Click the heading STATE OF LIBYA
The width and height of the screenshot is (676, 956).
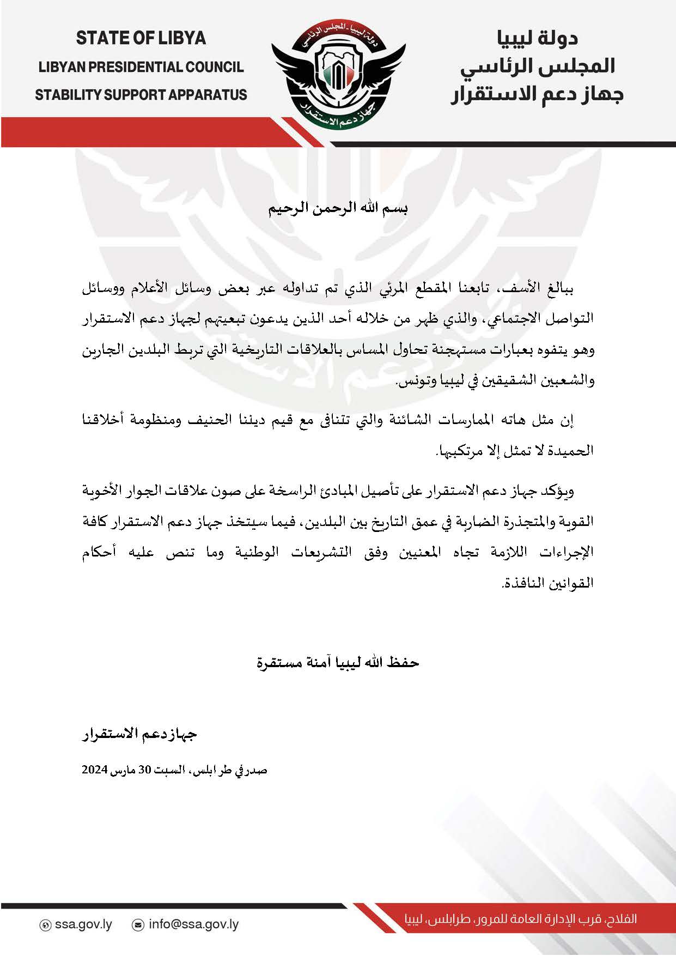[x=141, y=38]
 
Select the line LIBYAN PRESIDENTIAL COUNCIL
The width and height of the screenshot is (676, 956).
[x=141, y=67]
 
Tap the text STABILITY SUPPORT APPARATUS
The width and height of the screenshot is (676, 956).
[x=141, y=95]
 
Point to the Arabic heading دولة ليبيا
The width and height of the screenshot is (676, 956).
[x=537, y=38]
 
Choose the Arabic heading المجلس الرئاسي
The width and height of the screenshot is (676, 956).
[x=537, y=66]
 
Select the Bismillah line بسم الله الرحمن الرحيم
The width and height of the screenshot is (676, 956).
[x=338, y=209]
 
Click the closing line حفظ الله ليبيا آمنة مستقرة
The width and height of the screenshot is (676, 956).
[x=338, y=663]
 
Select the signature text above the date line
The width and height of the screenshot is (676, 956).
[x=139, y=735]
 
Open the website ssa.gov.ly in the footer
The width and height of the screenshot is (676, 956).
[x=83, y=925]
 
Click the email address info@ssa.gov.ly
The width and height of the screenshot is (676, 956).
[x=193, y=925]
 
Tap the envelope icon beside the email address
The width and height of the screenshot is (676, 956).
[x=138, y=925]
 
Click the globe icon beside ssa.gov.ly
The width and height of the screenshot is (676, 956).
[x=46, y=925]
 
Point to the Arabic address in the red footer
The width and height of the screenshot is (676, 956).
[x=520, y=919]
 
